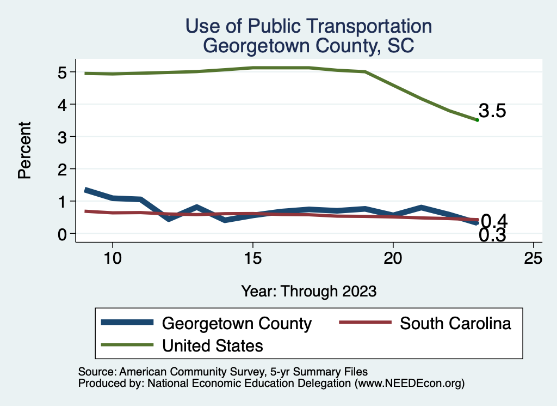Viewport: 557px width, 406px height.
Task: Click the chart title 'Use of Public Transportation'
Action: [x=308, y=26]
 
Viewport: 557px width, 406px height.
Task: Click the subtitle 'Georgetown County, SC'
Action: [x=308, y=46]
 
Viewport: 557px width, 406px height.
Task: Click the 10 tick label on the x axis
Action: [x=112, y=258]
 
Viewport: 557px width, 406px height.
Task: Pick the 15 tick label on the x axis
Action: [x=252, y=258]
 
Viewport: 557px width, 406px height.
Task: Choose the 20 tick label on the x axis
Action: [x=393, y=258]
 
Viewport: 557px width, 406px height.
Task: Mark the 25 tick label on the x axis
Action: [x=533, y=258]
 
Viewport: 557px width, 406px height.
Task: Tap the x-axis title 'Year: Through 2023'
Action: [x=309, y=291]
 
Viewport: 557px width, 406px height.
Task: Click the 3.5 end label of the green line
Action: [x=493, y=111]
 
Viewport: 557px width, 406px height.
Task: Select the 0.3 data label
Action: [x=493, y=235]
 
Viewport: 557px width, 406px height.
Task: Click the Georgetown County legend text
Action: [x=237, y=323]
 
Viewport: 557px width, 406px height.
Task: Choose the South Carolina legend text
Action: [x=456, y=323]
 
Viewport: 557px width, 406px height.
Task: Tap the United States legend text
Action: [x=213, y=346]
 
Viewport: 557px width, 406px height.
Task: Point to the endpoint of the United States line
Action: [x=477, y=120]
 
